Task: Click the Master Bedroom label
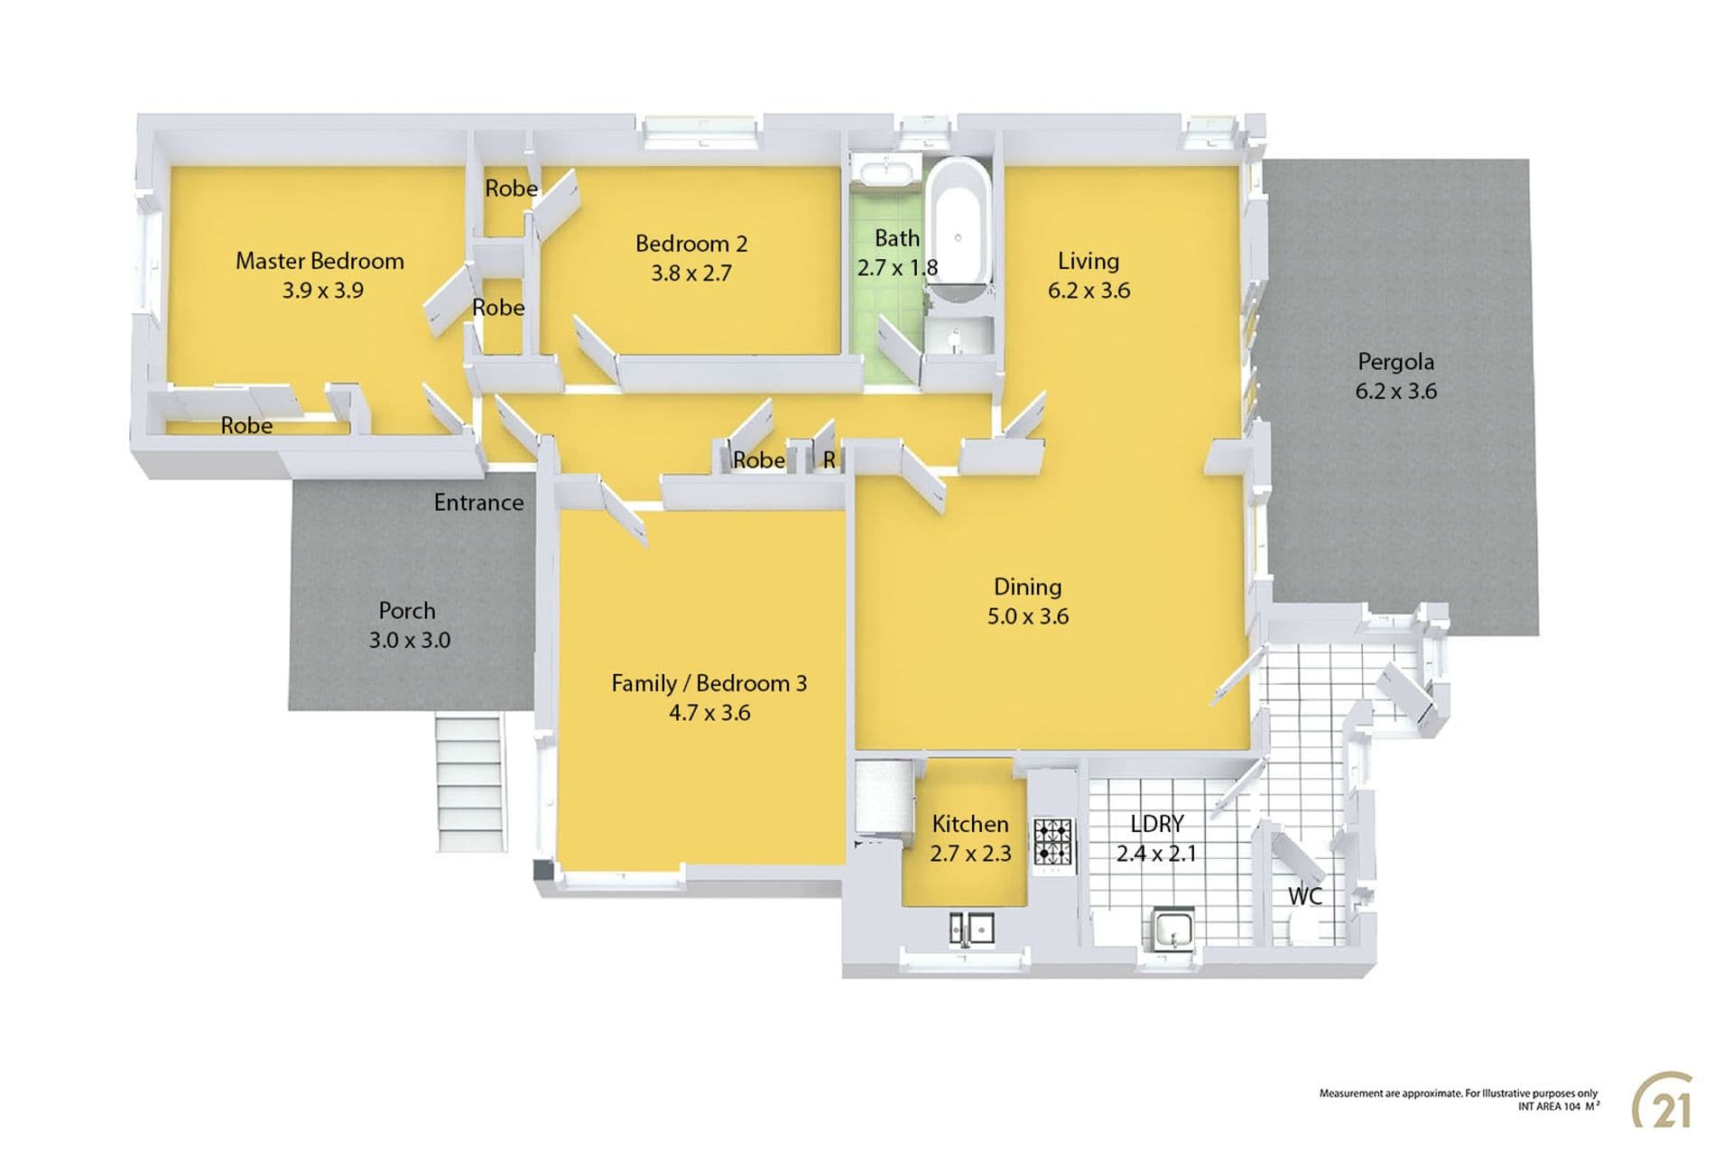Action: (320, 261)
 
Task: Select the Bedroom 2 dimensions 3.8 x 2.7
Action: (691, 273)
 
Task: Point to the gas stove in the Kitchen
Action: (1052, 842)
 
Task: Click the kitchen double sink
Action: (971, 929)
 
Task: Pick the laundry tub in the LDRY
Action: (1173, 930)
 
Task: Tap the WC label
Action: (1305, 896)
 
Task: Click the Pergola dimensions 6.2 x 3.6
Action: (1395, 391)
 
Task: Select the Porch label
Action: (407, 611)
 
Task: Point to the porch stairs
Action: (469, 782)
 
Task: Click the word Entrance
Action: (478, 503)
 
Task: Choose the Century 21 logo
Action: (1663, 1100)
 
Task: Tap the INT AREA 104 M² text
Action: (1559, 1106)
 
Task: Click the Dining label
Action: (1027, 587)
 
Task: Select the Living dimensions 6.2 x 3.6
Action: (1089, 290)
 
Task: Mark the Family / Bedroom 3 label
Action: (709, 683)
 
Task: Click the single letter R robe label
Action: (829, 460)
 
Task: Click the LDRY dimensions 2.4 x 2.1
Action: (1156, 853)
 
